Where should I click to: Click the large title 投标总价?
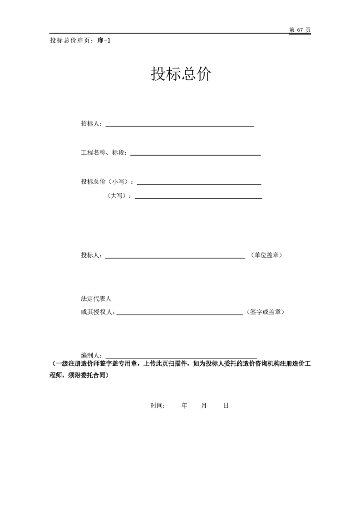point(181,74)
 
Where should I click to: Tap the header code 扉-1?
point(104,40)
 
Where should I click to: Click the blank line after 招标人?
point(179,126)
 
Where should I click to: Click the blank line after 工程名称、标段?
point(195,155)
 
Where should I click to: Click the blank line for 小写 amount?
point(199,184)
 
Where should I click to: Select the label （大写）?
point(119,196)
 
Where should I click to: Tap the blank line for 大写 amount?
point(198,198)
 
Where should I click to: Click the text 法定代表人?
point(96,299)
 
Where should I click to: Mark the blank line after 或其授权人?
point(179,314)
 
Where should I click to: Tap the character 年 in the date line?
point(184,406)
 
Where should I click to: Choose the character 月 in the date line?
point(204,406)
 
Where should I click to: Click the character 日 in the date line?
point(226,406)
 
